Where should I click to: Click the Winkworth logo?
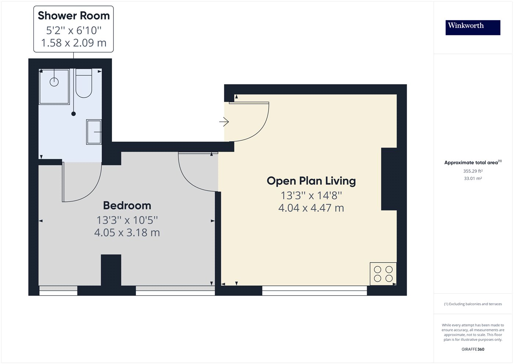(x=473, y=27)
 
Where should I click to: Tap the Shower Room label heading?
(x=73, y=16)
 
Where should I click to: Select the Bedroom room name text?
(x=127, y=206)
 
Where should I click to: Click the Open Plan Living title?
(x=311, y=181)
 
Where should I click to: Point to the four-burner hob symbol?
(x=383, y=274)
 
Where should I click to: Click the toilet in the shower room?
(x=84, y=84)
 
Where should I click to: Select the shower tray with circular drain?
(x=54, y=87)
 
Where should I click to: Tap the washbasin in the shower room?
(x=94, y=132)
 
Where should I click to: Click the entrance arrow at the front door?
(x=224, y=122)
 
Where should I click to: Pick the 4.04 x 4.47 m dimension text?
(x=311, y=208)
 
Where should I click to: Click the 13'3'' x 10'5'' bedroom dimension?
(x=127, y=220)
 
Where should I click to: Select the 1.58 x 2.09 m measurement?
(x=73, y=43)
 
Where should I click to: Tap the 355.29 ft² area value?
(x=473, y=171)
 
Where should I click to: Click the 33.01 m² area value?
(x=473, y=178)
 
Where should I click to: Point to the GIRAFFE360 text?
(x=473, y=349)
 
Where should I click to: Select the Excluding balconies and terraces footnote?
(x=473, y=304)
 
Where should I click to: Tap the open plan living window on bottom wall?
(x=314, y=290)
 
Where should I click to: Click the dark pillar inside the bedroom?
(x=111, y=270)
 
